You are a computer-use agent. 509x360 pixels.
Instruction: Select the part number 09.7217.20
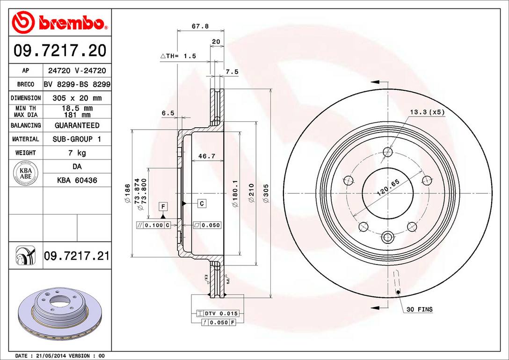[x=60, y=50]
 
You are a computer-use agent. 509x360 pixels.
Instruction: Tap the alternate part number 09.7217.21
[x=77, y=256]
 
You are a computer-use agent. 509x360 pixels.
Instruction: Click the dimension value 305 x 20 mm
[x=77, y=98]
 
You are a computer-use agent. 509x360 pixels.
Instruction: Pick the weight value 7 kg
[x=77, y=153]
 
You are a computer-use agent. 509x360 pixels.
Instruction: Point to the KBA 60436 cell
[x=77, y=180]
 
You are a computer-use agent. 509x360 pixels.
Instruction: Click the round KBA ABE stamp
[x=22, y=171]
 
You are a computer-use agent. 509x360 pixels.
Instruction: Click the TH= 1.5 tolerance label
[x=179, y=56]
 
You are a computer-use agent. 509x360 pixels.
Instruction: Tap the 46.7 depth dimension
[x=206, y=156]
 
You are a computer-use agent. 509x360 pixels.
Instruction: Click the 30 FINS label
[x=419, y=309]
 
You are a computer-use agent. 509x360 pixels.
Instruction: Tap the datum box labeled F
[x=163, y=206]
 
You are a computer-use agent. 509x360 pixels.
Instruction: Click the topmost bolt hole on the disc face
[x=387, y=152]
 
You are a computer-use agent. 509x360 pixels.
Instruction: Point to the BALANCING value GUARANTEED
[x=77, y=125]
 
